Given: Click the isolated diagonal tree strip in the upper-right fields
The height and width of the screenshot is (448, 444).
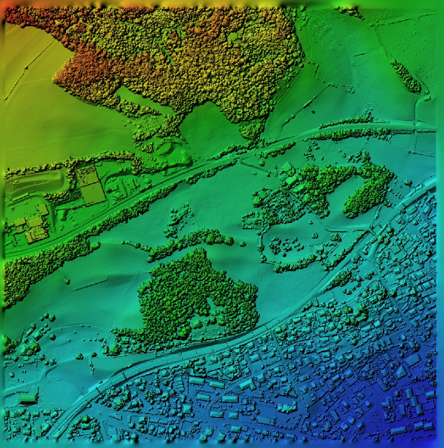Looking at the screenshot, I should coord(406,77).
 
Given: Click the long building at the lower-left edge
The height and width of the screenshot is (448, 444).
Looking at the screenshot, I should coord(27,398).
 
